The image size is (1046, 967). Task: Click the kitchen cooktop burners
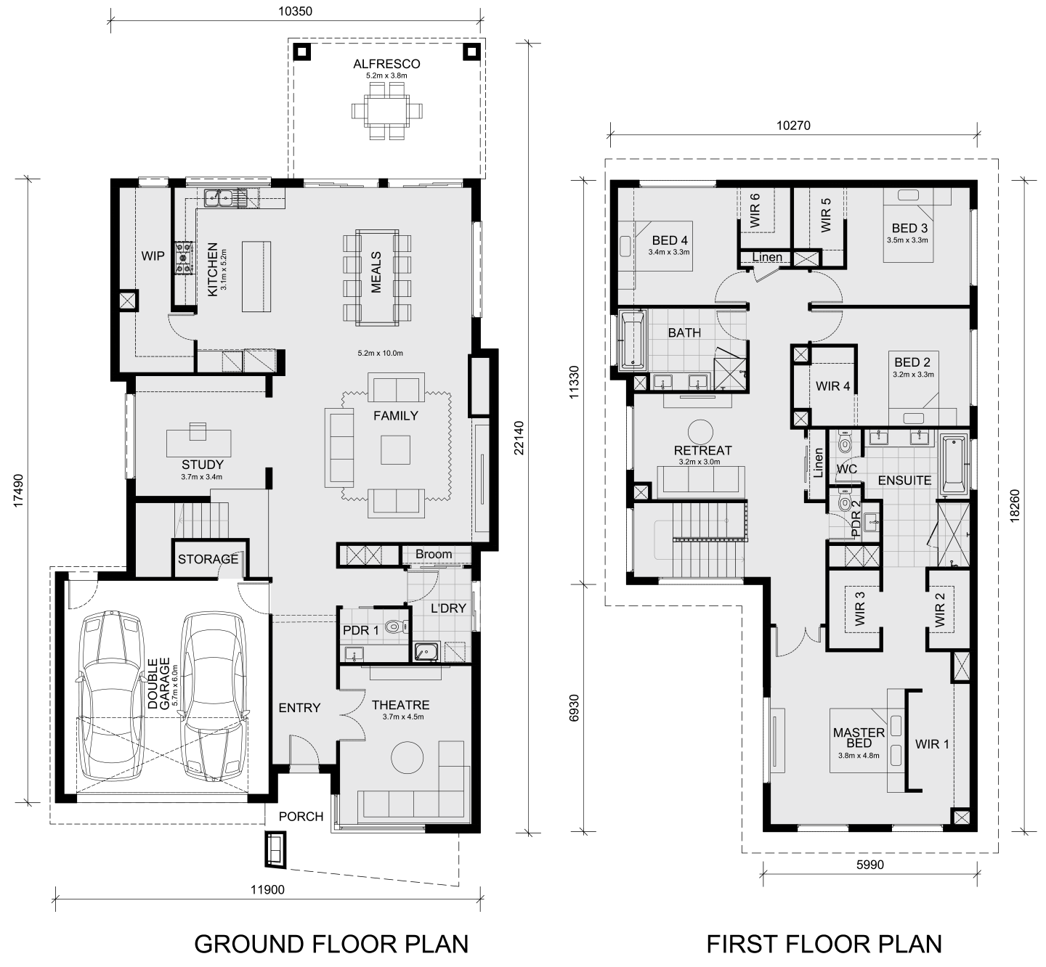coord(184,257)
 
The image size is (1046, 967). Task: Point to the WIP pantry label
coord(153,256)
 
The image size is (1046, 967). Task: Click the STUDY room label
coord(202,465)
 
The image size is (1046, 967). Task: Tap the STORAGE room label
coord(208,559)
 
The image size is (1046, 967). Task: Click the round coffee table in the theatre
coord(407,759)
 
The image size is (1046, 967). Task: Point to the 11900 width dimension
coord(267,890)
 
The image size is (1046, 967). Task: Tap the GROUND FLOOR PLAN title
coord(331,944)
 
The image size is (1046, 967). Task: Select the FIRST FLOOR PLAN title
coord(824,944)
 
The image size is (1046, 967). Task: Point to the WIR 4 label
coord(832,386)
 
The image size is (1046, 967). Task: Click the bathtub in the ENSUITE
coord(953,465)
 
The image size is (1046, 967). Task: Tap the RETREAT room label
coord(702,451)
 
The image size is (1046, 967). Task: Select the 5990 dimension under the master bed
coord(870,865)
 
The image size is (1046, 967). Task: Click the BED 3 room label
coord(909,228)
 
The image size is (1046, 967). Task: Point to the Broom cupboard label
coord(434,555)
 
